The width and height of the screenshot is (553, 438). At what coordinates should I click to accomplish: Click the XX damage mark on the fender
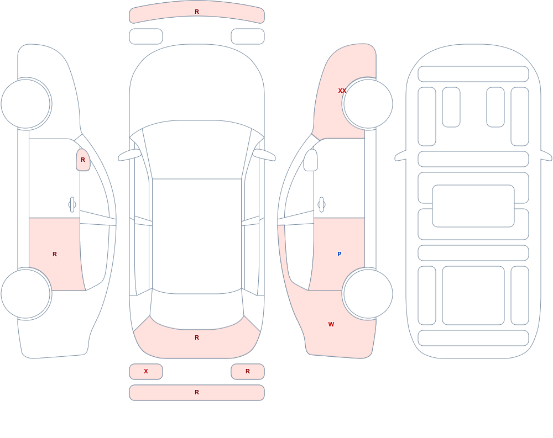342,91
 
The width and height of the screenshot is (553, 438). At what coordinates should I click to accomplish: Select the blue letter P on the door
340,254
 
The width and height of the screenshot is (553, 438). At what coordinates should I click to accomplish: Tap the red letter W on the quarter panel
331,324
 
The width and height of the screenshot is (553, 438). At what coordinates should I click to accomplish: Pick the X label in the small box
146,371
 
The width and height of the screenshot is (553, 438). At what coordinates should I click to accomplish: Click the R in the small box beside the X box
248,371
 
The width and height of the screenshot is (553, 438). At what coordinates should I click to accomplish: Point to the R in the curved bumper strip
197,12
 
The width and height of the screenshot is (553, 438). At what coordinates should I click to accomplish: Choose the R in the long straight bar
197,392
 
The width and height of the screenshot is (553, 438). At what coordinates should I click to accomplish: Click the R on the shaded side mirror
83,160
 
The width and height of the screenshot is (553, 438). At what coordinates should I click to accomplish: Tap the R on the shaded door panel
55,254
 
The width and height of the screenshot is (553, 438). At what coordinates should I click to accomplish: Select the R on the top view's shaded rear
197,337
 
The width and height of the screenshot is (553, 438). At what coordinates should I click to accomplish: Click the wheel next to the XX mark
368,104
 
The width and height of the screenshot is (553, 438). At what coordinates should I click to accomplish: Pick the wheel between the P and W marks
368,293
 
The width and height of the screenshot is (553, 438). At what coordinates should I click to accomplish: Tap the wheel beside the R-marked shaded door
26,293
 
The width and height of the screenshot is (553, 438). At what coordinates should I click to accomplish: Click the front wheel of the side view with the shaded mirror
26,104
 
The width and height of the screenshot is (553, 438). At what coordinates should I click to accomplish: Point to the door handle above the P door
321,205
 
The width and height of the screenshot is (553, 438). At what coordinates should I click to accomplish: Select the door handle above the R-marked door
72,205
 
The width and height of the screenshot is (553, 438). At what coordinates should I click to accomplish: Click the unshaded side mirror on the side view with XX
311,160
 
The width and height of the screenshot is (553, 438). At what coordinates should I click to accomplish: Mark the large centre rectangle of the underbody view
473,206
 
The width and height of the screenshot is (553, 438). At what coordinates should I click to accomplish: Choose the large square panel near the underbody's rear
473,295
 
